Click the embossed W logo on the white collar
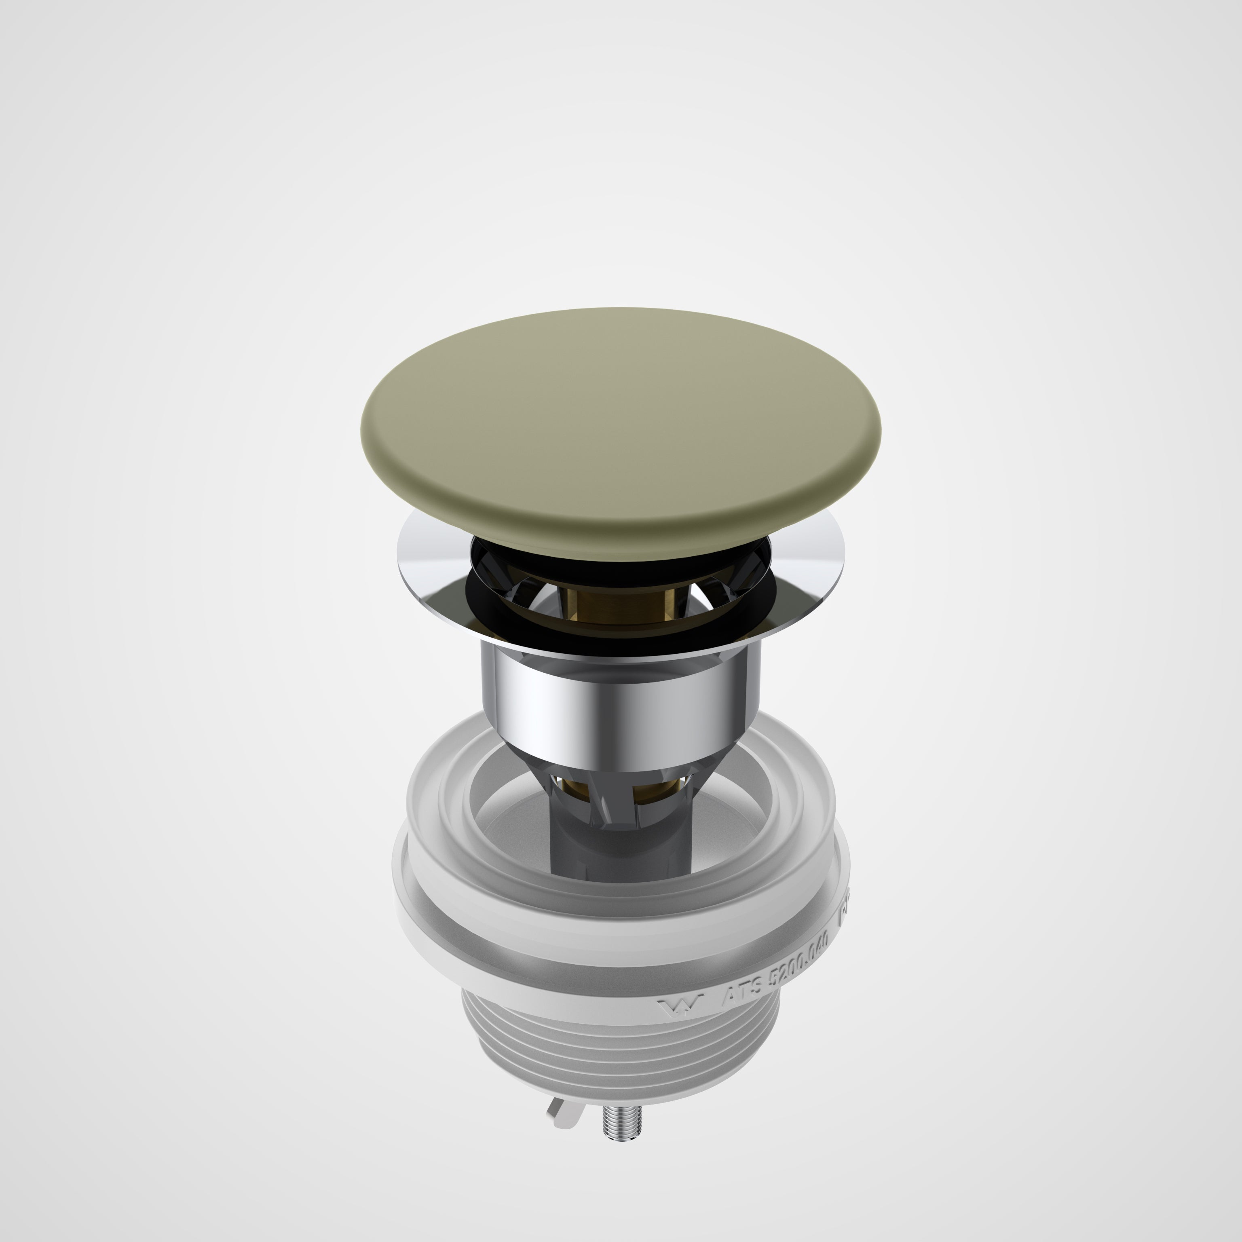click(x=681, y=1005)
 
